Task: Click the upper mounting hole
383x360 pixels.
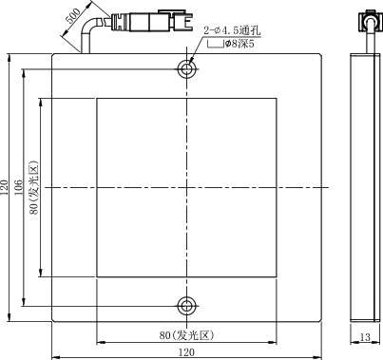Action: point(187,69)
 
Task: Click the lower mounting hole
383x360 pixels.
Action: point(187,306)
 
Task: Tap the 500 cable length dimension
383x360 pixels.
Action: point(73,16)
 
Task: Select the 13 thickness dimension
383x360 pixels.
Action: point(365,337)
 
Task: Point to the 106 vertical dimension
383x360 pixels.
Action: point(18,187)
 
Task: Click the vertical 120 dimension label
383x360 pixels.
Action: point(4,187)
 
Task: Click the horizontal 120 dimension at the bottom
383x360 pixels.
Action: point(187,352)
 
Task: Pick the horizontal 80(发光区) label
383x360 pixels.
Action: point(186,335)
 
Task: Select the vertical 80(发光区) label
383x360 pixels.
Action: point(34,187)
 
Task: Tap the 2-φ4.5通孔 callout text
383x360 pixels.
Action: point(232,30)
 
